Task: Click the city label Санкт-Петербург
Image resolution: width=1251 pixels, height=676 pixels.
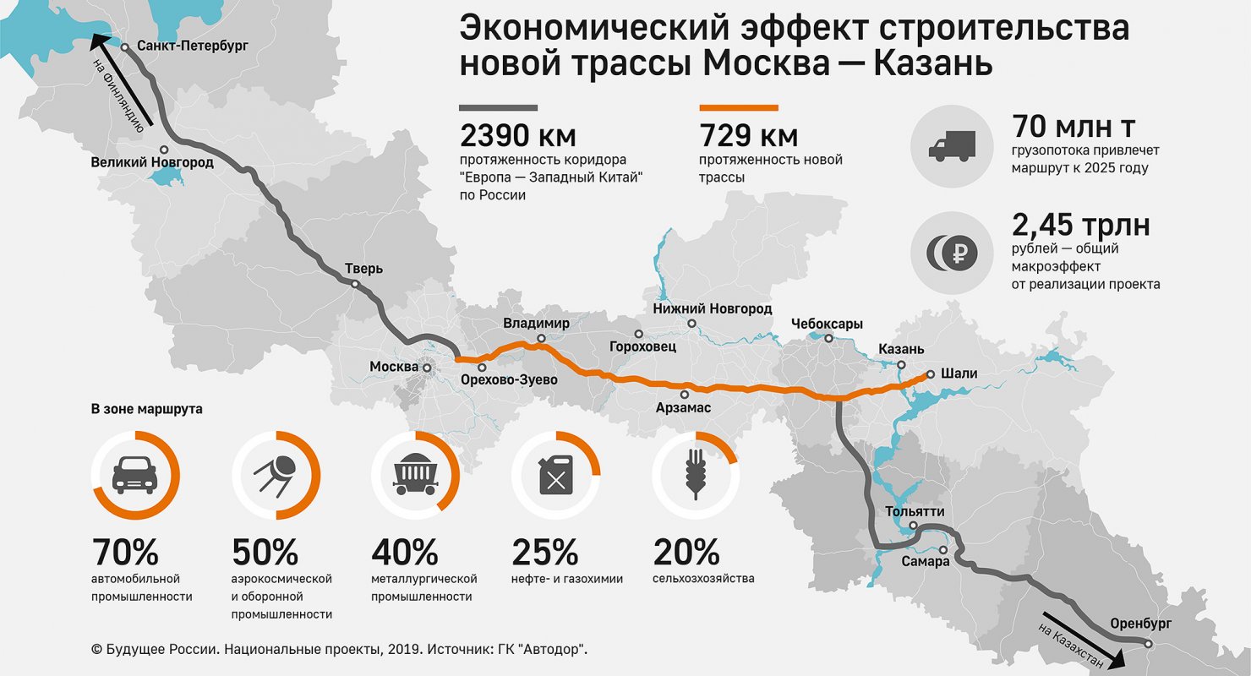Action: coord(192,46)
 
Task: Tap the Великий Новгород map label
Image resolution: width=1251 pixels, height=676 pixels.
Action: coord(152,161)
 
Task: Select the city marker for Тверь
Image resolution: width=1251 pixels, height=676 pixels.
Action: coord(356,285)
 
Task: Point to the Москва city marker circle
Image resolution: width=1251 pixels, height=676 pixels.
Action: coord(428,368)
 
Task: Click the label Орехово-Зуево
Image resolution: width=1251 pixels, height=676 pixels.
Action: coord(509,380)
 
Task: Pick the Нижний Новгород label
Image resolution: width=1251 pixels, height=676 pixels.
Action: coord(713,309)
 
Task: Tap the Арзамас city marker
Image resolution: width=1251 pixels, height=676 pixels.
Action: coord(684,394)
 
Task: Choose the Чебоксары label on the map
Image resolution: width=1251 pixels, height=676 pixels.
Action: coord(827,324)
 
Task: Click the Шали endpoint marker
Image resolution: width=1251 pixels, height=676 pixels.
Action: coord(930,373)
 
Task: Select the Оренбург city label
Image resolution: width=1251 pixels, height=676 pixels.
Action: coord(1141,623)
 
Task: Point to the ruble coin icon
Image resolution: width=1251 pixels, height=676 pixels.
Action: coord(952,252)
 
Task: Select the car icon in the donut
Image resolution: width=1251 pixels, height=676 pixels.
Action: coord(134,475)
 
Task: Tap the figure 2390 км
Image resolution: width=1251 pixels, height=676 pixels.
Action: coord(506,135)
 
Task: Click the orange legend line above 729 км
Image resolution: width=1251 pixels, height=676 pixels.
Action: coord(738,108)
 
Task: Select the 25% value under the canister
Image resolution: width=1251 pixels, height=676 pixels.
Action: coord(545,553)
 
